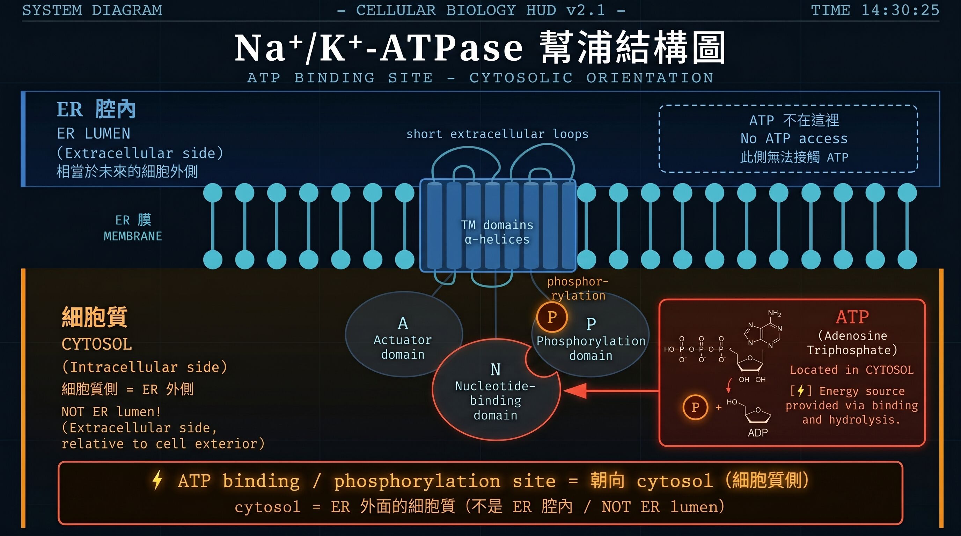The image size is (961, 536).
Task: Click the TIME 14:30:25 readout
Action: pos(875,10)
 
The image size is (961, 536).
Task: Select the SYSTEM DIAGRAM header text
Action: pos(92,10)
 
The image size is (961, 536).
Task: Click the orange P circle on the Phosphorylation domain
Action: pos(552,317)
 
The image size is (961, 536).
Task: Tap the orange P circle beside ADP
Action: pos(695,407)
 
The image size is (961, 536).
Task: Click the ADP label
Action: pos(758,433)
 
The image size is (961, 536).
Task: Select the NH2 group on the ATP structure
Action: pos(775,313)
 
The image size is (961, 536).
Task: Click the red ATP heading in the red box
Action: pos(852,317)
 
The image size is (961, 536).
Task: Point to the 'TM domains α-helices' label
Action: pos(497,232)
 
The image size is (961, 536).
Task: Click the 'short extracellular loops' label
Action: pos(497,134)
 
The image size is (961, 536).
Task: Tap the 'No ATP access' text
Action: pos(794,139)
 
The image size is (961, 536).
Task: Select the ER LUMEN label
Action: pos(94,133)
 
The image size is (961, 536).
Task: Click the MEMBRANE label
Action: pos(133,236)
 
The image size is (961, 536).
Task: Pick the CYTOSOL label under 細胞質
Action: pos(97,344)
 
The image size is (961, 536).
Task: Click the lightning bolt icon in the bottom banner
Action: pos(157,480)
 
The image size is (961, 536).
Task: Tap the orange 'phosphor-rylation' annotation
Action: pos(578,289)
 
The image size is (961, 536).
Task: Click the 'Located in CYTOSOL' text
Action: pos(852,370)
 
